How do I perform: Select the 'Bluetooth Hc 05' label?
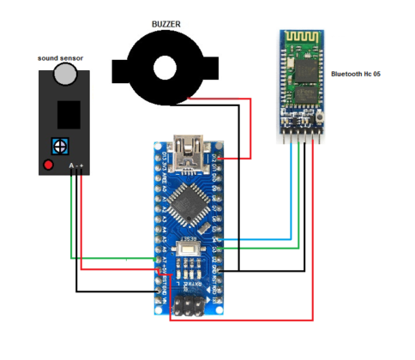point(354,75)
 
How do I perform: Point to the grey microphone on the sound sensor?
point(65,75)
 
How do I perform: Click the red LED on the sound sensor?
point(49,164)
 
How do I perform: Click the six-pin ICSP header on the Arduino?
point(186,306)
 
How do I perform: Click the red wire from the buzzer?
point(250,129)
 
